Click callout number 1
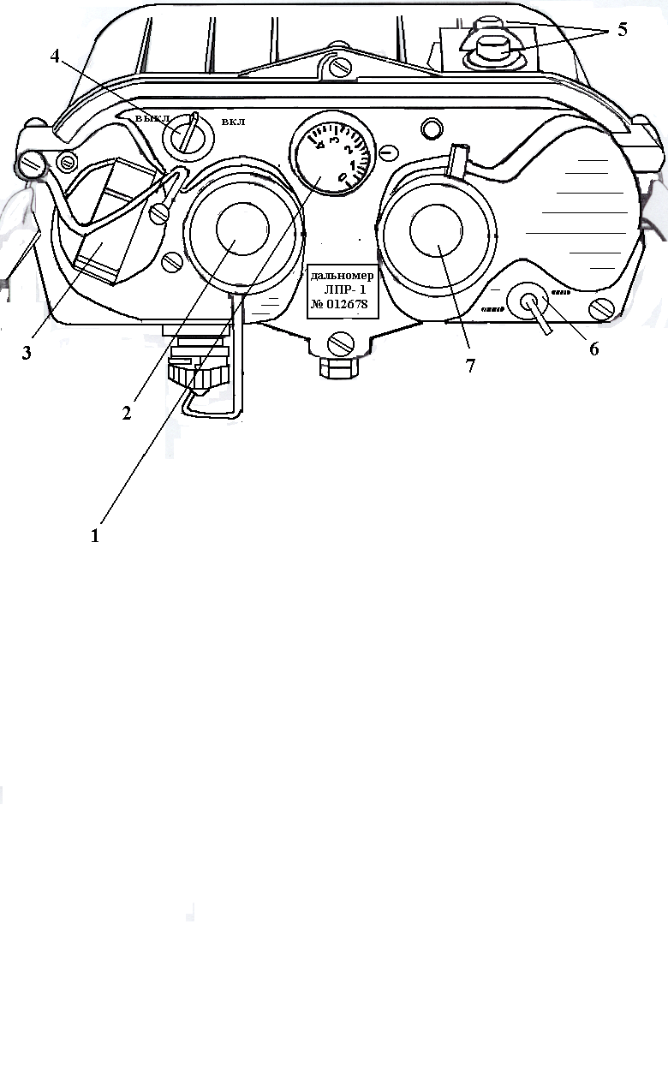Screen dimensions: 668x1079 96,536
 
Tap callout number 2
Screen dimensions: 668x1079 126,413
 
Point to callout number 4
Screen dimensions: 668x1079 56,57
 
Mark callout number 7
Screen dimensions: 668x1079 469,366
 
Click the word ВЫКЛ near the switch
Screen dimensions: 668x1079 152,117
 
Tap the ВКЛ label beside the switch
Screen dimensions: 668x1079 233,122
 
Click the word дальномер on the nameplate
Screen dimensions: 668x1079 343,276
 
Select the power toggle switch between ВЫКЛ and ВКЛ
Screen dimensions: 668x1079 187,134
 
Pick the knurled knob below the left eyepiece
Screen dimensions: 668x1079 198,374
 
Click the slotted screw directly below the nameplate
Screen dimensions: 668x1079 339,344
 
